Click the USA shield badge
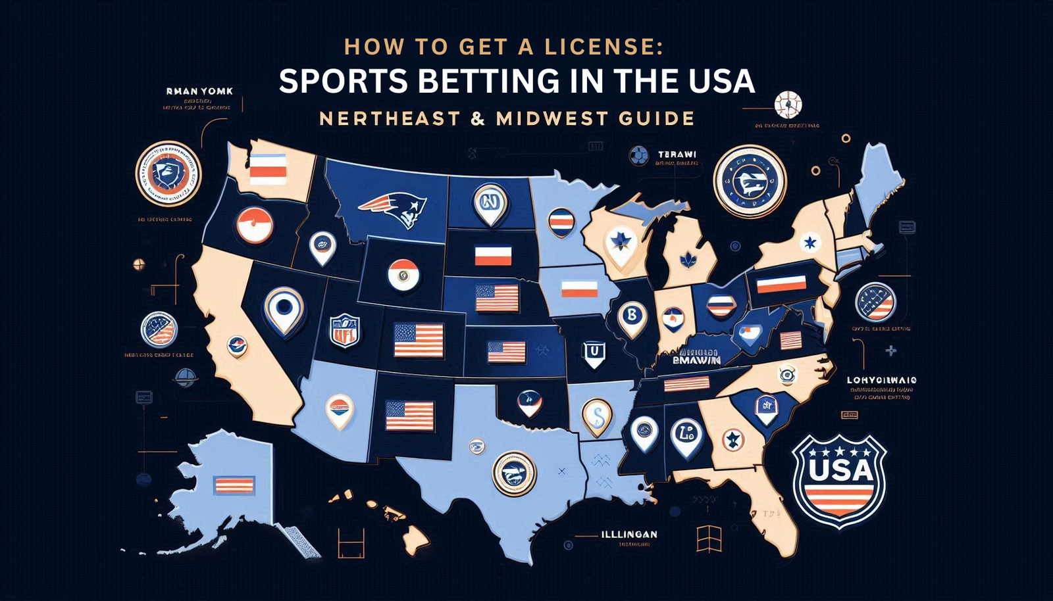point(839,480)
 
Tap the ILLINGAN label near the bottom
point(629,535)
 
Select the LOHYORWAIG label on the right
point(882,380)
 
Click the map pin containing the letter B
point(632,317)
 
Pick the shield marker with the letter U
point(594,353)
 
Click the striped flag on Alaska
point(234,485)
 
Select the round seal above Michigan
point(750,181)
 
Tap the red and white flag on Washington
point(268,170)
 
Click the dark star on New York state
point(810,243)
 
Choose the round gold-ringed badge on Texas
point(514,473)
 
